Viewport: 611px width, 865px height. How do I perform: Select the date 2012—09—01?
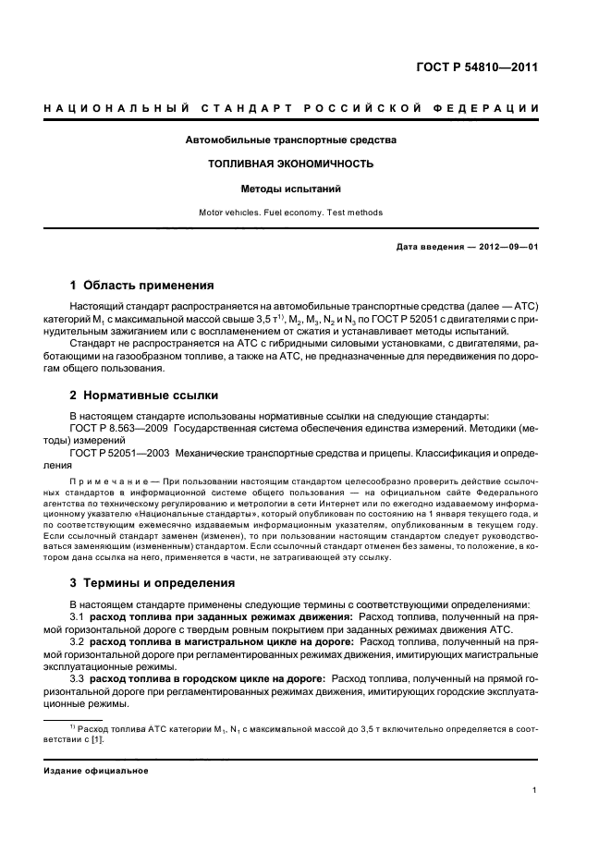tap(509, 247)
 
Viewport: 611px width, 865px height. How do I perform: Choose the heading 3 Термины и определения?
tap(153, 583)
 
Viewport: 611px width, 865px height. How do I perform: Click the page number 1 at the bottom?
tap(535, 790)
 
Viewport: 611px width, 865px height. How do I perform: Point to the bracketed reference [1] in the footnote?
tap(94, 740)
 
